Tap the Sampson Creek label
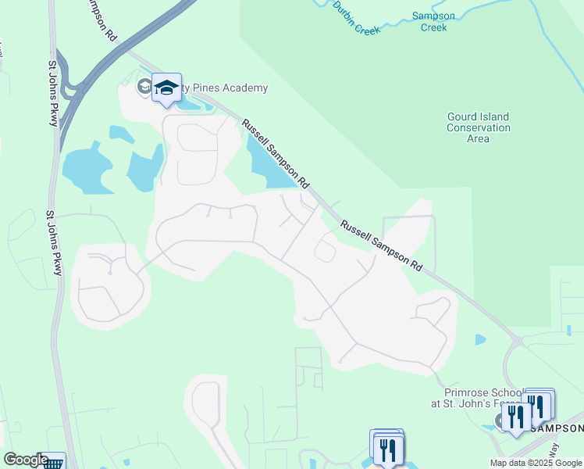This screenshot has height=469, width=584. tap(433, 21)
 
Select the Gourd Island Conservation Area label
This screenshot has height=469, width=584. tap(478, 127)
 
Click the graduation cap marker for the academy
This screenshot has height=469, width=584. tap(166, 88)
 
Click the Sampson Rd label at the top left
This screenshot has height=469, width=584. tap(99, 20)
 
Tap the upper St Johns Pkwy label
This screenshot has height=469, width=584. tap(55, 89)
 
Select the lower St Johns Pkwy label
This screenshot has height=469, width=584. tap(54, 242)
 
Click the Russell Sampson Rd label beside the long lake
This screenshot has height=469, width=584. tap(272, 152)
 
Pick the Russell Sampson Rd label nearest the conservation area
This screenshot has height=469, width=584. tap(381, 245)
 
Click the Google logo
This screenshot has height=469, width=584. tap(26, 460)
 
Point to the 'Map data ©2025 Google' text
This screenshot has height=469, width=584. tap(536, 463)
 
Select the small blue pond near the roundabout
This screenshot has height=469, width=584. tap(479, 339)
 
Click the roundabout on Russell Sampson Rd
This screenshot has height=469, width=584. tap(517, 340)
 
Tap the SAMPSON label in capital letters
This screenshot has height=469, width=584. tap(557, 428)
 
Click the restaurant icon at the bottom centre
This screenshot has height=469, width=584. tap(387, 448)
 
